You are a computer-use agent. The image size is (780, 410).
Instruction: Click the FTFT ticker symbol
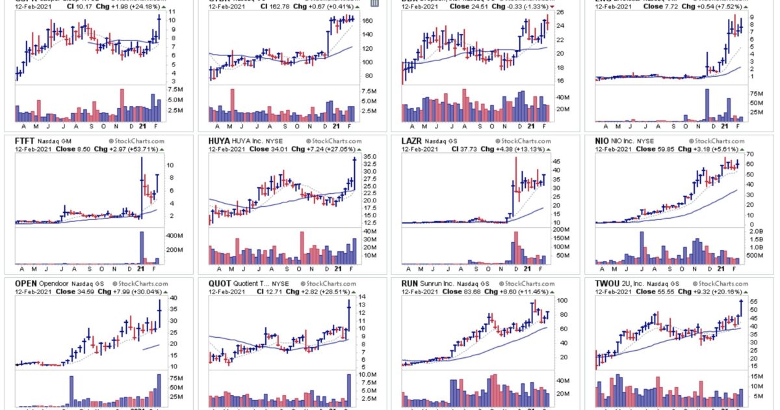[24, 140]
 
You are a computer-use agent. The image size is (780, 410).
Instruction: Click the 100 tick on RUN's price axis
[558, 301]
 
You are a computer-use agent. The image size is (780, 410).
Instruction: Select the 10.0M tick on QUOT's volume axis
[369, 376]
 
